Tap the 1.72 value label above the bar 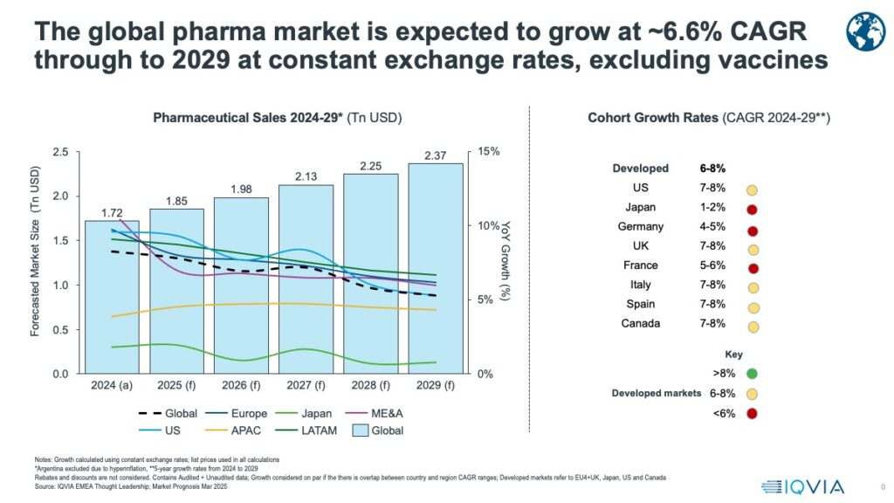[112, 212]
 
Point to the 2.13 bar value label [306, 177]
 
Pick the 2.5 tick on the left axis [60, 152]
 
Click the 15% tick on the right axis [489, 152]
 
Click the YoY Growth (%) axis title [505, 263]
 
